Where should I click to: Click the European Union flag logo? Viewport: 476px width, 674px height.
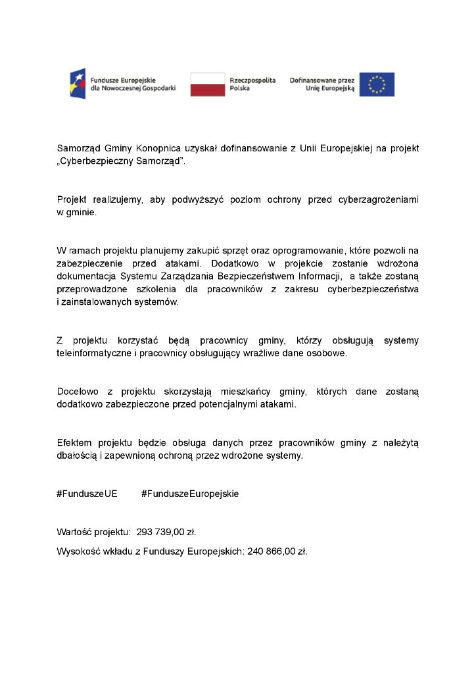coord(377,84)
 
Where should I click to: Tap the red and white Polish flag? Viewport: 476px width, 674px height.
coord(208,84)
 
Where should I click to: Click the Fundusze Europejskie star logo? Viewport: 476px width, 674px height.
coord(78,84)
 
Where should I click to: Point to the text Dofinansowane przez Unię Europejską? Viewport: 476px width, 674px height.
coord(322,84)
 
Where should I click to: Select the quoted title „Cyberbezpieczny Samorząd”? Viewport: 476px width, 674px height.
coord(122,161)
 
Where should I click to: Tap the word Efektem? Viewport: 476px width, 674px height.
coord(74,443)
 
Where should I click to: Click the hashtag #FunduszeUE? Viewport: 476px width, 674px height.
coord(87,494)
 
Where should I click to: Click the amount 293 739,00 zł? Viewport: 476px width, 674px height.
coord(166,531)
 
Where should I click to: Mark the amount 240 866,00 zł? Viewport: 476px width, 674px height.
coord(277,551)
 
